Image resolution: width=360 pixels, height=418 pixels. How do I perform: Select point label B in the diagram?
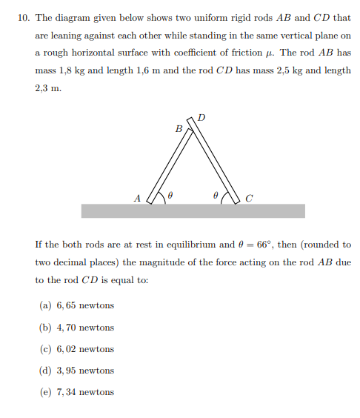click(x=178, y=128)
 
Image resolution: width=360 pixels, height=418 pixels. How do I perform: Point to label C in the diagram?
click(x=248, y=198)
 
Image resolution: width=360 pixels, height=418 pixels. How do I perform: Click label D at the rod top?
click(x=202, y=116)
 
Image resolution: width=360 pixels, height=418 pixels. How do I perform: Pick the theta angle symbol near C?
click(x=215, y=196)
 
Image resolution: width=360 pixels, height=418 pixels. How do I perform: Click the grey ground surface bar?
click(x=193, y=211)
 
